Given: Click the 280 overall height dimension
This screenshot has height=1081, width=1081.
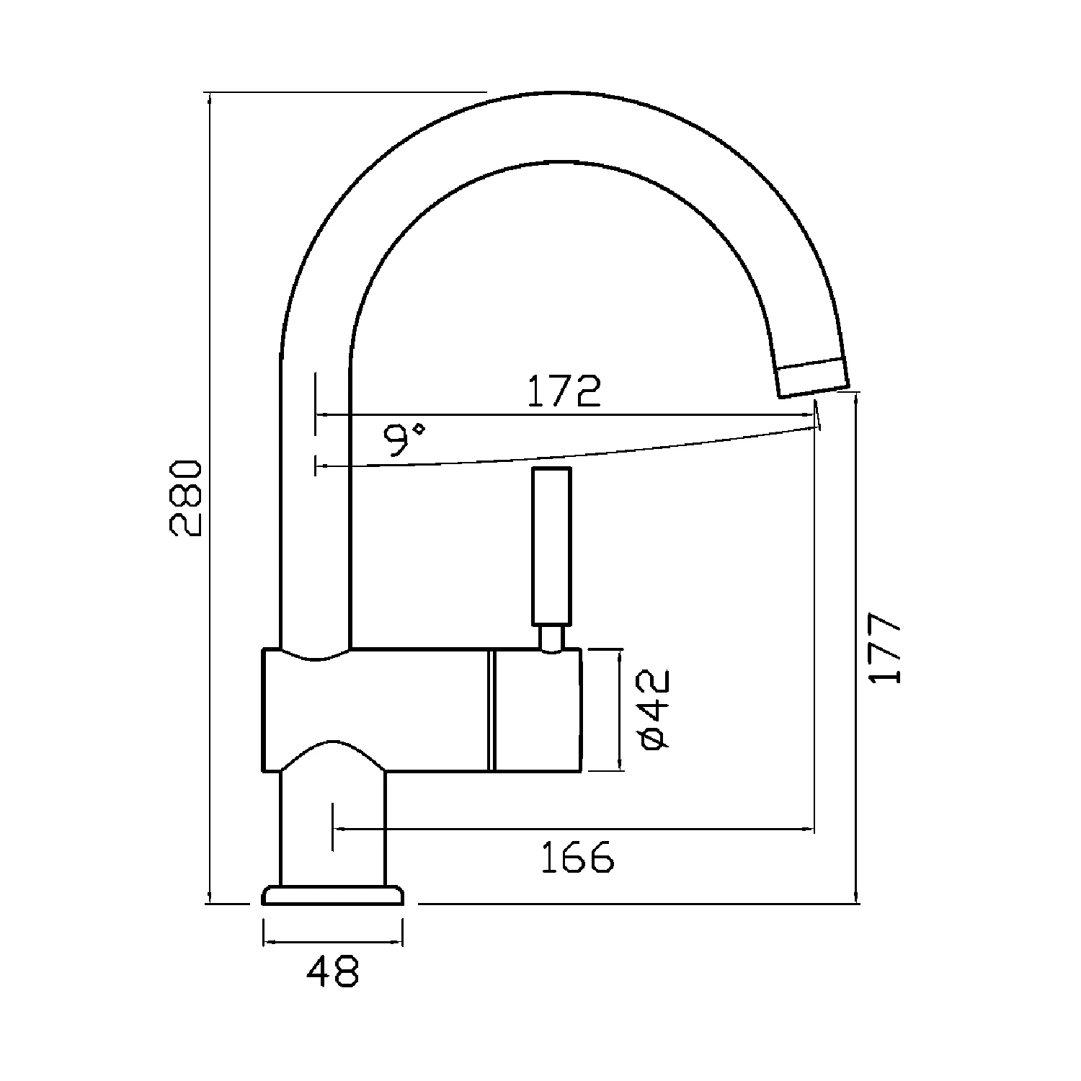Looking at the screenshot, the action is [184, 497].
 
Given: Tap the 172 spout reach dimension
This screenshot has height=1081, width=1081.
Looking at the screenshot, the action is [564, 391].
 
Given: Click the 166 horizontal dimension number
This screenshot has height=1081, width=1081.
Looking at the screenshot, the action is [577, 857].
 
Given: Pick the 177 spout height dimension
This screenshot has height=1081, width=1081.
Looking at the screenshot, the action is [885, 648].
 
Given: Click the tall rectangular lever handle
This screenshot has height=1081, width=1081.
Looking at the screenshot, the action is [551, 546].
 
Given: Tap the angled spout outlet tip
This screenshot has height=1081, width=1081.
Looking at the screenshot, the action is [812, 378].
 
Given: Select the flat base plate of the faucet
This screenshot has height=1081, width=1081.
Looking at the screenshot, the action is [333, 896].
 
